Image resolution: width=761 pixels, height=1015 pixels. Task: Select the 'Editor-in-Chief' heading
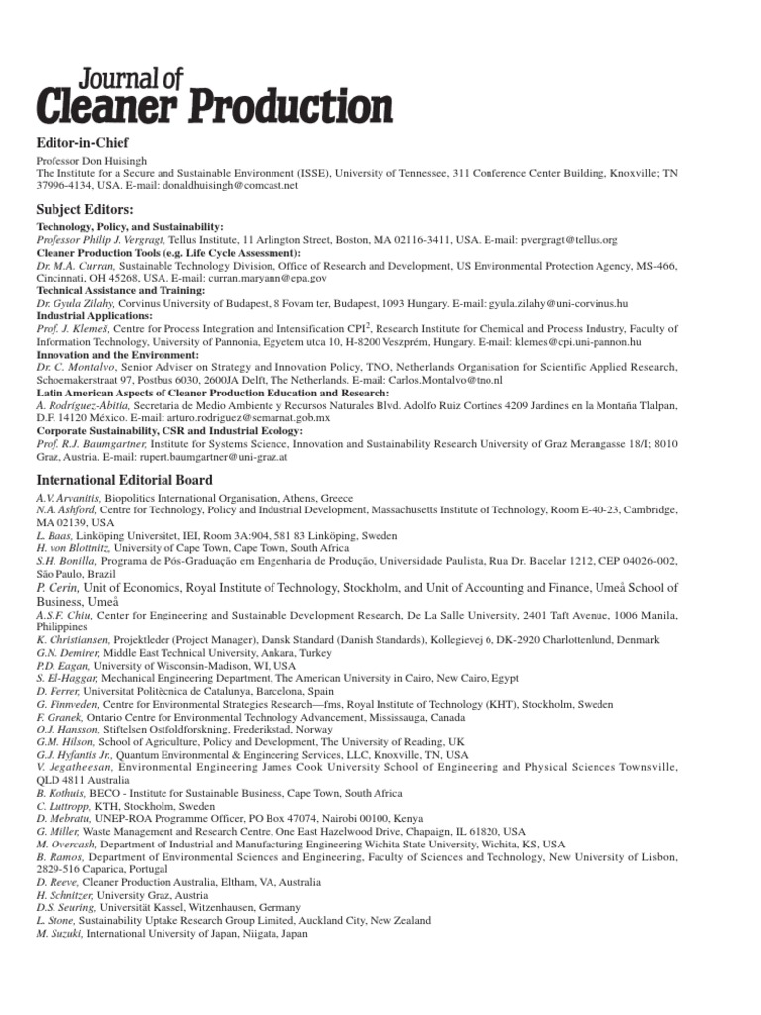point(83,143)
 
